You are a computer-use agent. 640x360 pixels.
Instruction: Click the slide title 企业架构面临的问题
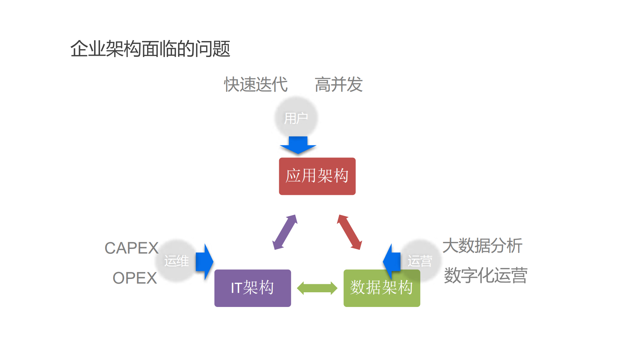pyautogui.click(x=150, y=49)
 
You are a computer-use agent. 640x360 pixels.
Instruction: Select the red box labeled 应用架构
pyautogui.click(x=317, y=176)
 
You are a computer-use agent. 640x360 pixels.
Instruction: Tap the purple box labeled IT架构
pyautogui.click(x=252, y=288)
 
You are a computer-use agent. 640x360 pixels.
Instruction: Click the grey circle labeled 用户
pyautogui.click(x=296, y=117)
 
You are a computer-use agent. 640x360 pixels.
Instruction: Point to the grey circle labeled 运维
pyautogui.click(x=176, y=261)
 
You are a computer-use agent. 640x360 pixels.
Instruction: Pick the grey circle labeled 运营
pyautogui.click(x=420, y=261)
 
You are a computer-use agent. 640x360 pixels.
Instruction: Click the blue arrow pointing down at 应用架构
pyautogui.click(x=298, y=145)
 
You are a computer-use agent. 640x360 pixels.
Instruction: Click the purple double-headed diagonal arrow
pyautogui.click(x=285, y=232)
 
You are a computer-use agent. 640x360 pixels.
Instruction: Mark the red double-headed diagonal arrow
pyautogui.click(x=349, y=232)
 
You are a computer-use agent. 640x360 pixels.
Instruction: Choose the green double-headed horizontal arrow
pyautogui.click(x=317, y=288)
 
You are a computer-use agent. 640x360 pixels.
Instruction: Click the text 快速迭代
pyautogui.click(x=256, y=84)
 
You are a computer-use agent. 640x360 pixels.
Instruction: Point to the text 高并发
pyautogui.click(x=339, y=84)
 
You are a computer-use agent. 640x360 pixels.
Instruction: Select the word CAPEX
pyautogui.click(x=131, y=248)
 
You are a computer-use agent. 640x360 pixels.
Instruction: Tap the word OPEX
pyautogui.click(x=135, y=278)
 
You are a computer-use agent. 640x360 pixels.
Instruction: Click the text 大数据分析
pyautogui.click(x=482, y=246)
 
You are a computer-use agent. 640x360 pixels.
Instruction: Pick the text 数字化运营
pyautogui.click(x=485, y=276)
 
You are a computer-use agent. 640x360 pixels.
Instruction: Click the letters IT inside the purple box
pyautogui.click(x=236, y=288)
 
